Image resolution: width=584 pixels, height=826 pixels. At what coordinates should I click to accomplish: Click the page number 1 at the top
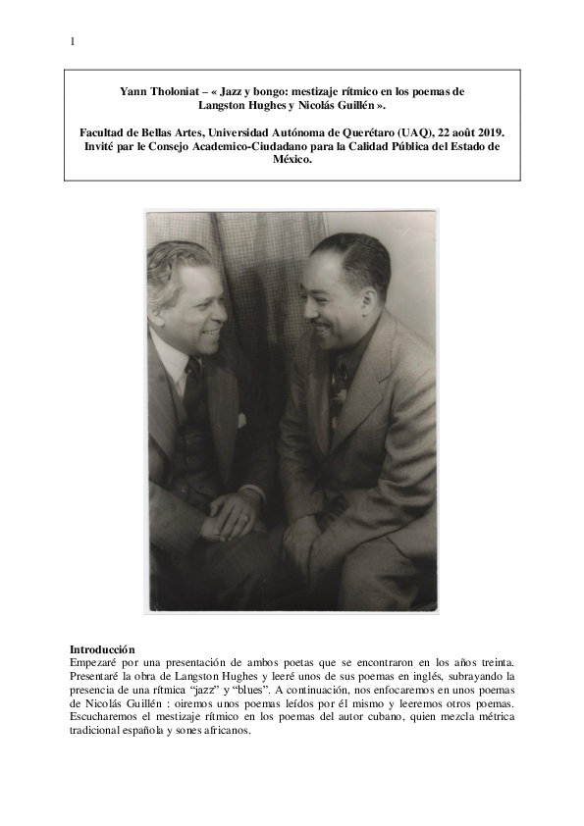click(73, 41)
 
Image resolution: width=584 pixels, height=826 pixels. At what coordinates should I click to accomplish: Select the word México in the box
click(292, 160)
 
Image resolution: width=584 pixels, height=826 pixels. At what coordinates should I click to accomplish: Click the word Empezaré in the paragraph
click(98, 663)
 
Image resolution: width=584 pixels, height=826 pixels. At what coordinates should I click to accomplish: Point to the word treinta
click(494, 663)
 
